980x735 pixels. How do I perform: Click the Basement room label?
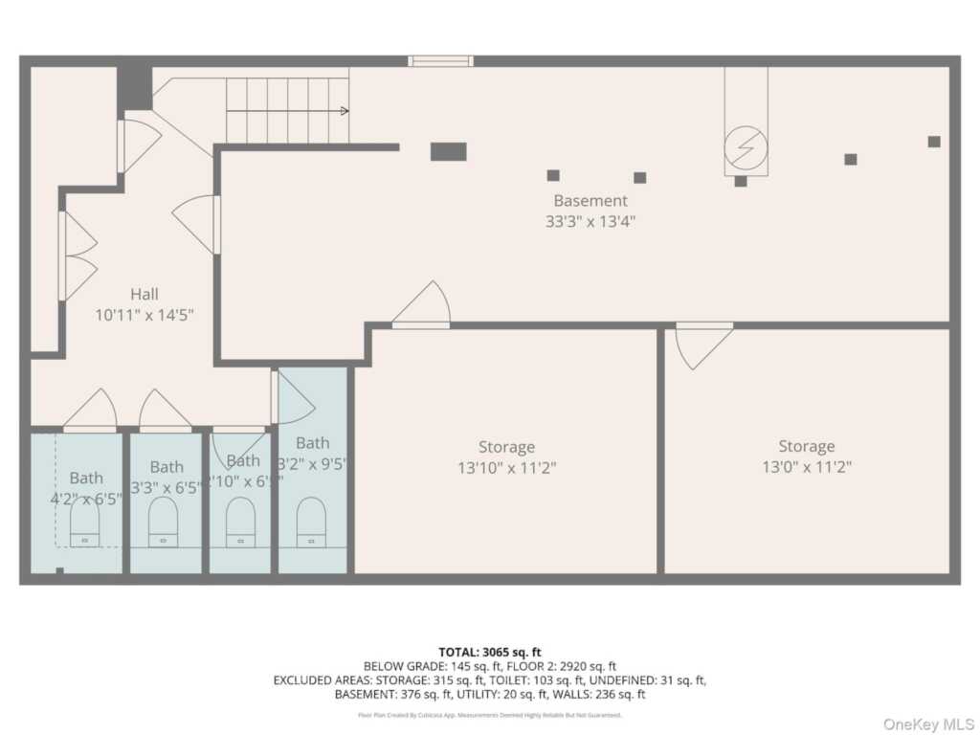coord(590,201)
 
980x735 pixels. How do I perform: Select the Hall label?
coord(145,294)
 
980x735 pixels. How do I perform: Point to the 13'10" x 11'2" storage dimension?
coord(506,468)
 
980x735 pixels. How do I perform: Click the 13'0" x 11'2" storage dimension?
coord(806,467)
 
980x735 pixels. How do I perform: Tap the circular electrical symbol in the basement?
coord(745,147)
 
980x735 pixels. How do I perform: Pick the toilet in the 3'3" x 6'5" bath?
coord(163,523)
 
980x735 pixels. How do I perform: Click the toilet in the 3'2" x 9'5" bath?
coord(311,523)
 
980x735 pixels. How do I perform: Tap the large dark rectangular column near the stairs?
coord(448,151)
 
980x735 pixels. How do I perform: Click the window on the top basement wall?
coord(440,61)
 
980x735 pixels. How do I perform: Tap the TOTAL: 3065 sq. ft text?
coord(489,652)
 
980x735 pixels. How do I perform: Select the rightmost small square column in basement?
coord(934,142)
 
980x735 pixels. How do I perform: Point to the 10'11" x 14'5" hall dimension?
coord(145,314)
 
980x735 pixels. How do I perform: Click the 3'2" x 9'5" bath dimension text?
coord(312,463)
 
